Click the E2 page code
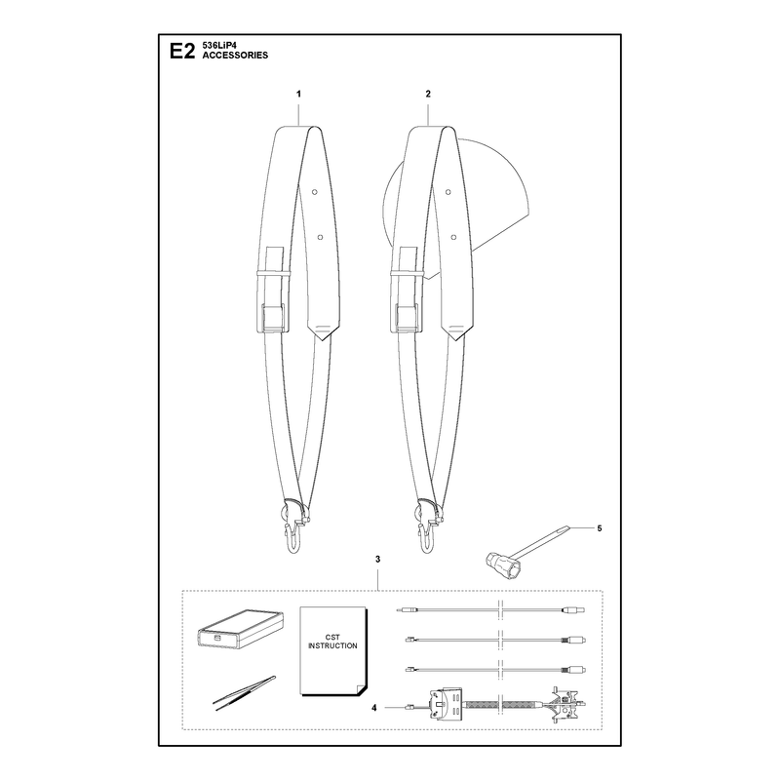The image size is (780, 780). point(182,52)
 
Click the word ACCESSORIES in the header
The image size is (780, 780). point(235,56)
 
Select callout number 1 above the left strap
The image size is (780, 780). point(298,94)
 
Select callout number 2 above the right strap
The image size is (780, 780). point(428,94)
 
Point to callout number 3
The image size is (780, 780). point(378,560)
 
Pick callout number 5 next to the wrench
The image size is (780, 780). point(600,528)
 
